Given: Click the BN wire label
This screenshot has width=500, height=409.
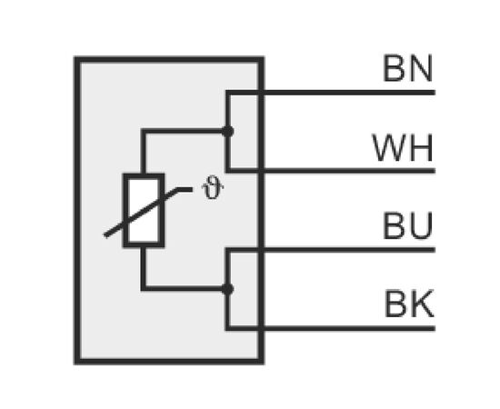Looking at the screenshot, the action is click(x=408, y=68).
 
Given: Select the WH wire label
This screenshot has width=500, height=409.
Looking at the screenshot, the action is click(x=403, y=147).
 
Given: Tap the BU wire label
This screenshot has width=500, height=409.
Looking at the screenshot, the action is click(x=408, y=225).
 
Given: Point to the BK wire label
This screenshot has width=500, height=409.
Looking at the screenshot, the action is click(x=409, y=304).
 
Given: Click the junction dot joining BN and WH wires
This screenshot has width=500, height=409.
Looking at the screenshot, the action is click(x=227, y=132).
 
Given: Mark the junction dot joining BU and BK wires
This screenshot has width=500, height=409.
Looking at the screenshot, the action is click(x=227, y=289).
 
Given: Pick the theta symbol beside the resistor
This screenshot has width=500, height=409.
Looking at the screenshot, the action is click(x=213, y=191).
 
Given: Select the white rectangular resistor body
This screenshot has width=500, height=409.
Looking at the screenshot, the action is click(x=144, y=210).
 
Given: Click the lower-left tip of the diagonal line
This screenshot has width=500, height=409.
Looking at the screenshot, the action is click(x=105, y=236).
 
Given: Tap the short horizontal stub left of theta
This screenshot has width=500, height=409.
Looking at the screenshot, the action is click(x=185, y=190).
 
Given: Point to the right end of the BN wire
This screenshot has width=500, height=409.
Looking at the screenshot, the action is click(x=435, y=93).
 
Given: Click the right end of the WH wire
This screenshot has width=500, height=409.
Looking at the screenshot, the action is click(x=435, y=171).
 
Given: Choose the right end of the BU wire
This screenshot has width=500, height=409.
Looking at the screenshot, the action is click(x=435, y=250).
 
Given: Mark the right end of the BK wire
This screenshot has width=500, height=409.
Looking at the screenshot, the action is click(x=435, y=329).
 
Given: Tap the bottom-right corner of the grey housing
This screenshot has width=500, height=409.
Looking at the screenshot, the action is click(x=261, y=362).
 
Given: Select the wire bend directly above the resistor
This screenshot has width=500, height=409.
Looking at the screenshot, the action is click(x=143, y=131).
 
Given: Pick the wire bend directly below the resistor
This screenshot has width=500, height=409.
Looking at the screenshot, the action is click(x=143, y=289).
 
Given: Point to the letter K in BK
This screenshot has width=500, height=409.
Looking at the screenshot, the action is click(x=423, y=304).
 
